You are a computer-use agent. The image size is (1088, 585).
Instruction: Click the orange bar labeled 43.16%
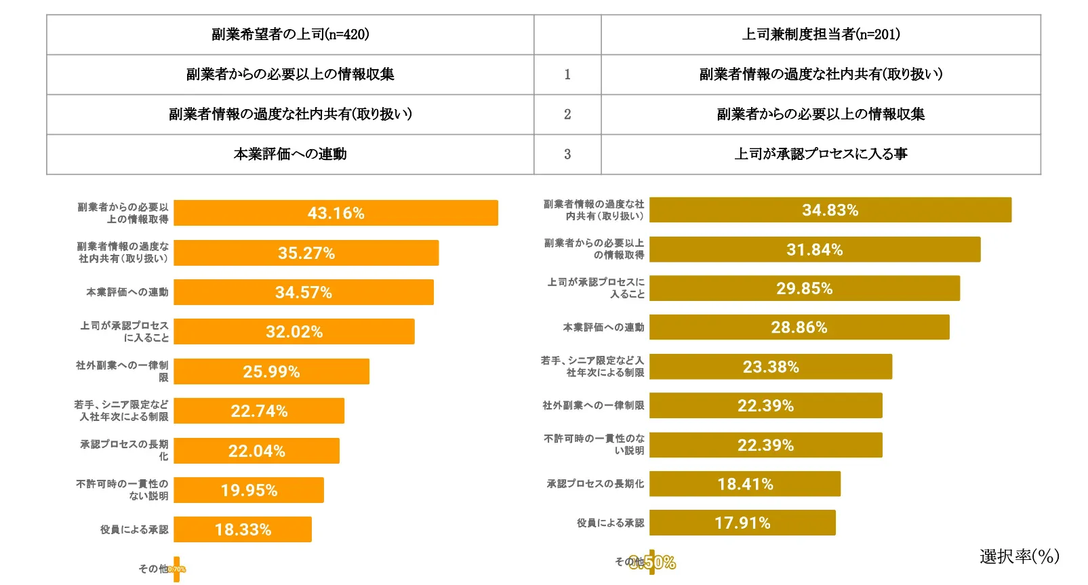(336, 213)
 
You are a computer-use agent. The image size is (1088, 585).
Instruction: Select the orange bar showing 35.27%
(306, 253)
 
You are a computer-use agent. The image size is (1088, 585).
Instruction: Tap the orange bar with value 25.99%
(271, 371)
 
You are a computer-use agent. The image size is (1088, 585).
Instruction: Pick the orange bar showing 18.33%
(243, 529)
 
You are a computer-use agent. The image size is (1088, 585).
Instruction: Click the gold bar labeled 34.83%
(830, 210)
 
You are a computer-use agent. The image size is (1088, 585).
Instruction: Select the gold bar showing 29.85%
(804, 288)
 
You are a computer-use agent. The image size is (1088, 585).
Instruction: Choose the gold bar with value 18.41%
(744, 484)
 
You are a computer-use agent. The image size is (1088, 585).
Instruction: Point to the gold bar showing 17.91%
(742, 523)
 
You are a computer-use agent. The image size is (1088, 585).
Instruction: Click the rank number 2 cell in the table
(567, 115)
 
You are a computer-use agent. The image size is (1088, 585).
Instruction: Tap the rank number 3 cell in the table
(567, 155)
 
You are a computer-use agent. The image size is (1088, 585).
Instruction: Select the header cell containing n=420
(290, 35)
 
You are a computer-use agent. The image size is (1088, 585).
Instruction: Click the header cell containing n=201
(820, 35)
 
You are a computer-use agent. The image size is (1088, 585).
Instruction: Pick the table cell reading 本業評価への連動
(290, 155)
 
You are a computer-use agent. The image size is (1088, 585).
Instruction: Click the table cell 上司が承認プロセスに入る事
(820, 155)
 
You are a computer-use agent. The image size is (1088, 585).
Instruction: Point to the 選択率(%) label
(1019, 557)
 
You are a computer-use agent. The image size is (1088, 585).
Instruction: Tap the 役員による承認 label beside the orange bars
(134, 529)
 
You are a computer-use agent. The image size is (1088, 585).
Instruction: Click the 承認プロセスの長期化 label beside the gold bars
(595, 484)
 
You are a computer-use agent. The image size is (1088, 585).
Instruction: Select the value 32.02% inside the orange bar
(294, 332)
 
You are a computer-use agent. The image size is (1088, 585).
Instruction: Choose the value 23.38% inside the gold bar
(771, 367)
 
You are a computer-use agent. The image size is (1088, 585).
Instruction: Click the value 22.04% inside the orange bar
(256, 451)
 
